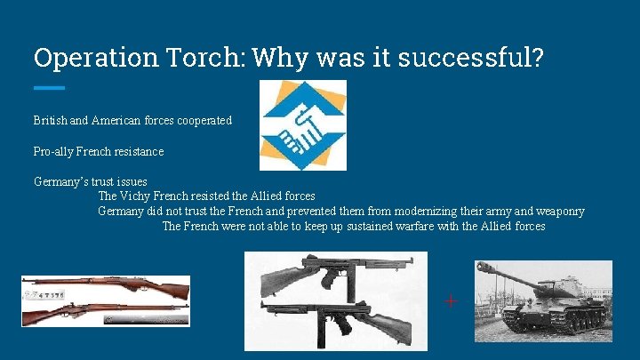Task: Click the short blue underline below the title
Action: point(49,88)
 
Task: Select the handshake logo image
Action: point(302,125)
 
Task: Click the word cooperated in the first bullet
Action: point(204,119)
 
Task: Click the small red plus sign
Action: point(451,300)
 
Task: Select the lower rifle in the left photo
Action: point(106,312)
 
